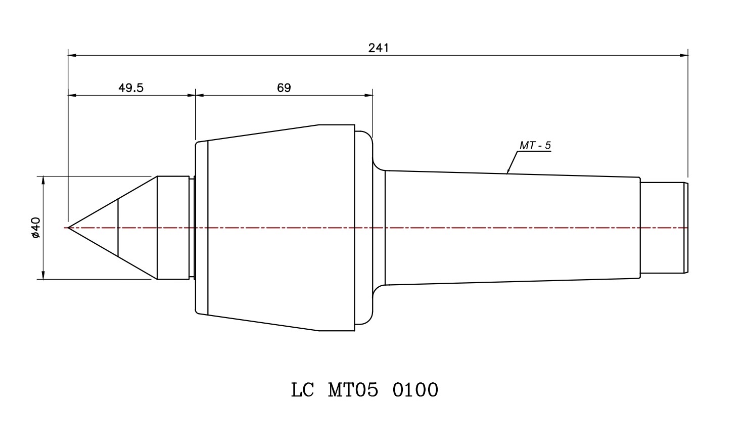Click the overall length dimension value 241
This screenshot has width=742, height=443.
pos(378,49)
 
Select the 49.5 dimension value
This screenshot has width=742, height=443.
pos(131,88)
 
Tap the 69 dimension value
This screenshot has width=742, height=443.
pos(284,88)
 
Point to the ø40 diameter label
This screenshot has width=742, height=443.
pos(35,228)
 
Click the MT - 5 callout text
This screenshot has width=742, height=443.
pos(535,145)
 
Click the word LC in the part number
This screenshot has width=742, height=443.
pos(302,390)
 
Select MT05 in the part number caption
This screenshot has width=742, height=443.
pos(353,390)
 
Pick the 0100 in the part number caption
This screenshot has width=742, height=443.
pos(415,390)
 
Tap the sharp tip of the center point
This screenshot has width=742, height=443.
pos(68,228)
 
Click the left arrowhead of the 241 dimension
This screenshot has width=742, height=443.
pos(72,55)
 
